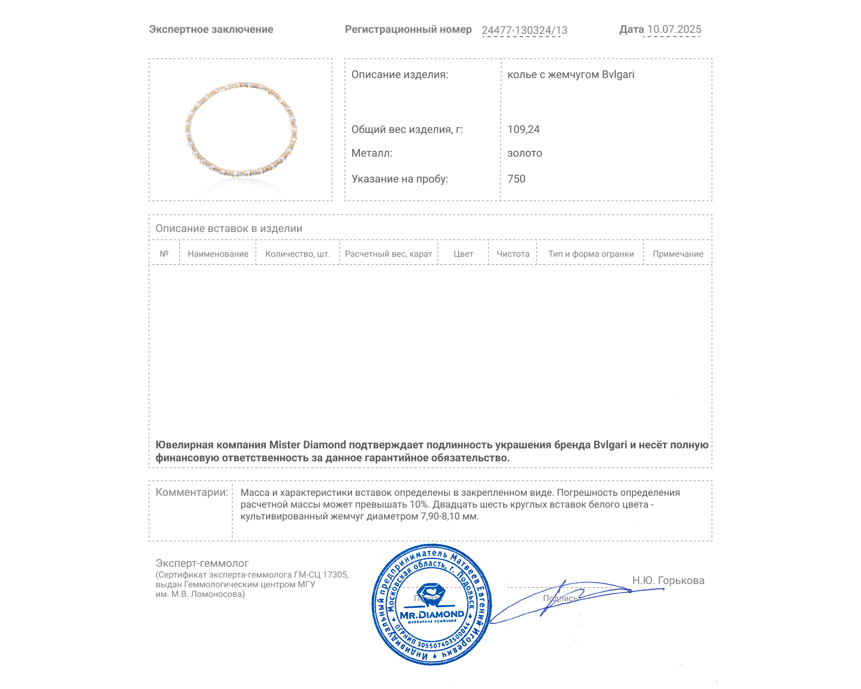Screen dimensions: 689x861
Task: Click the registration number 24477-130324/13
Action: click(524, 30)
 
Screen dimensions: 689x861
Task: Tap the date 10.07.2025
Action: click(674, 30)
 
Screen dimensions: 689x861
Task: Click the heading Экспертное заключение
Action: click(211, 30)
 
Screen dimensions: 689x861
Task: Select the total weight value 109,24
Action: click(523, 129)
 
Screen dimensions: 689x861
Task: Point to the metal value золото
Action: click(525, 153)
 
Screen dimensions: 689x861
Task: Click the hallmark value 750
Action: click(516, 179)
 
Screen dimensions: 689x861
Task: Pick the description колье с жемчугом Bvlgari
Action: click(570, 75)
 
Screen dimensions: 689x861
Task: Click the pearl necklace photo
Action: click(241, 130)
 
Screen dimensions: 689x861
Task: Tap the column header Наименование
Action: click(218, 254)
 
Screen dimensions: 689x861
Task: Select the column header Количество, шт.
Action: click(298, 254)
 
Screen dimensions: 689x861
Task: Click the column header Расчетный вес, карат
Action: click(389, 254)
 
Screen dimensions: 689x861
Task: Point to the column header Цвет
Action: click(463, 254)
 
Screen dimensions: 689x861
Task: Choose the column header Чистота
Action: click(513, 254)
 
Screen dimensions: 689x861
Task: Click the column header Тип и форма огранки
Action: click(591, 254)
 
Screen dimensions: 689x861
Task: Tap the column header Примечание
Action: click(677, 254)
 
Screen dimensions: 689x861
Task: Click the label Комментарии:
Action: click(192, 493)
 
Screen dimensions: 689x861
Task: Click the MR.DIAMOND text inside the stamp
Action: click(432, 615)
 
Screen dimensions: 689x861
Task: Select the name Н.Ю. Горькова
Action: click(668, 580)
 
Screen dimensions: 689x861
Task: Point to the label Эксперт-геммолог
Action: click(202, 564)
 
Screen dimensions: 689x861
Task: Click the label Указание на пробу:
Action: click(399, 179)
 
